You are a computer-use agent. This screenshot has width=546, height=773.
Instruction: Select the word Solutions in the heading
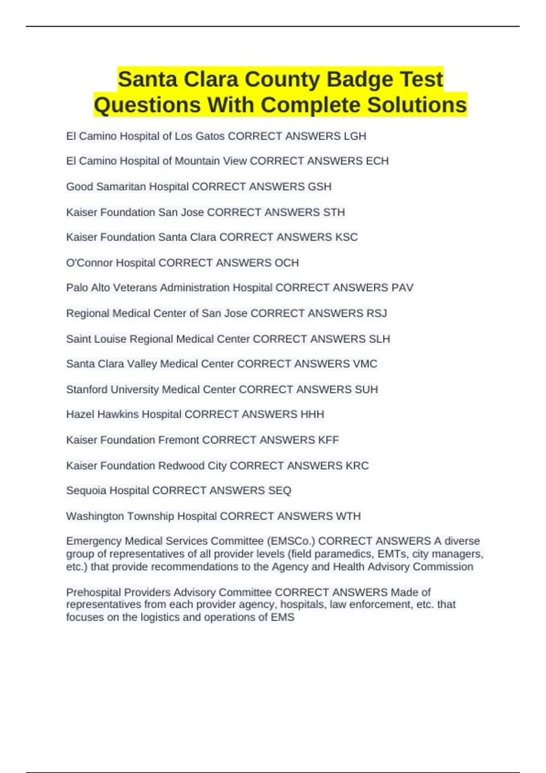pyautogui.click(x=417, y=105)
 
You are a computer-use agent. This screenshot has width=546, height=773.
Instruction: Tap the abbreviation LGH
pyautogui.click(x=355, y=136)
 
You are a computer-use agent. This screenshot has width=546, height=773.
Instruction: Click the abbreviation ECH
pyautogui.click(x=377, y=161)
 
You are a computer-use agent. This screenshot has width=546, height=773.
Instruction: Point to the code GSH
pyautogui.click(x=319, y=186)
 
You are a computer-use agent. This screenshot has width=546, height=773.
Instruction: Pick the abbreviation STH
pyautogui.click(x=334, y=212)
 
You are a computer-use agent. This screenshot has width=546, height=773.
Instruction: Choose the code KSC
pyautogui.click(x=346, y=237)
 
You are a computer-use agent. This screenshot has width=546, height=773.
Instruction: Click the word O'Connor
pyautogui.click(x=89, y=263)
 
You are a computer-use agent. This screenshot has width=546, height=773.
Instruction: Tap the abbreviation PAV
pyautogui.click(x=402, y=288)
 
